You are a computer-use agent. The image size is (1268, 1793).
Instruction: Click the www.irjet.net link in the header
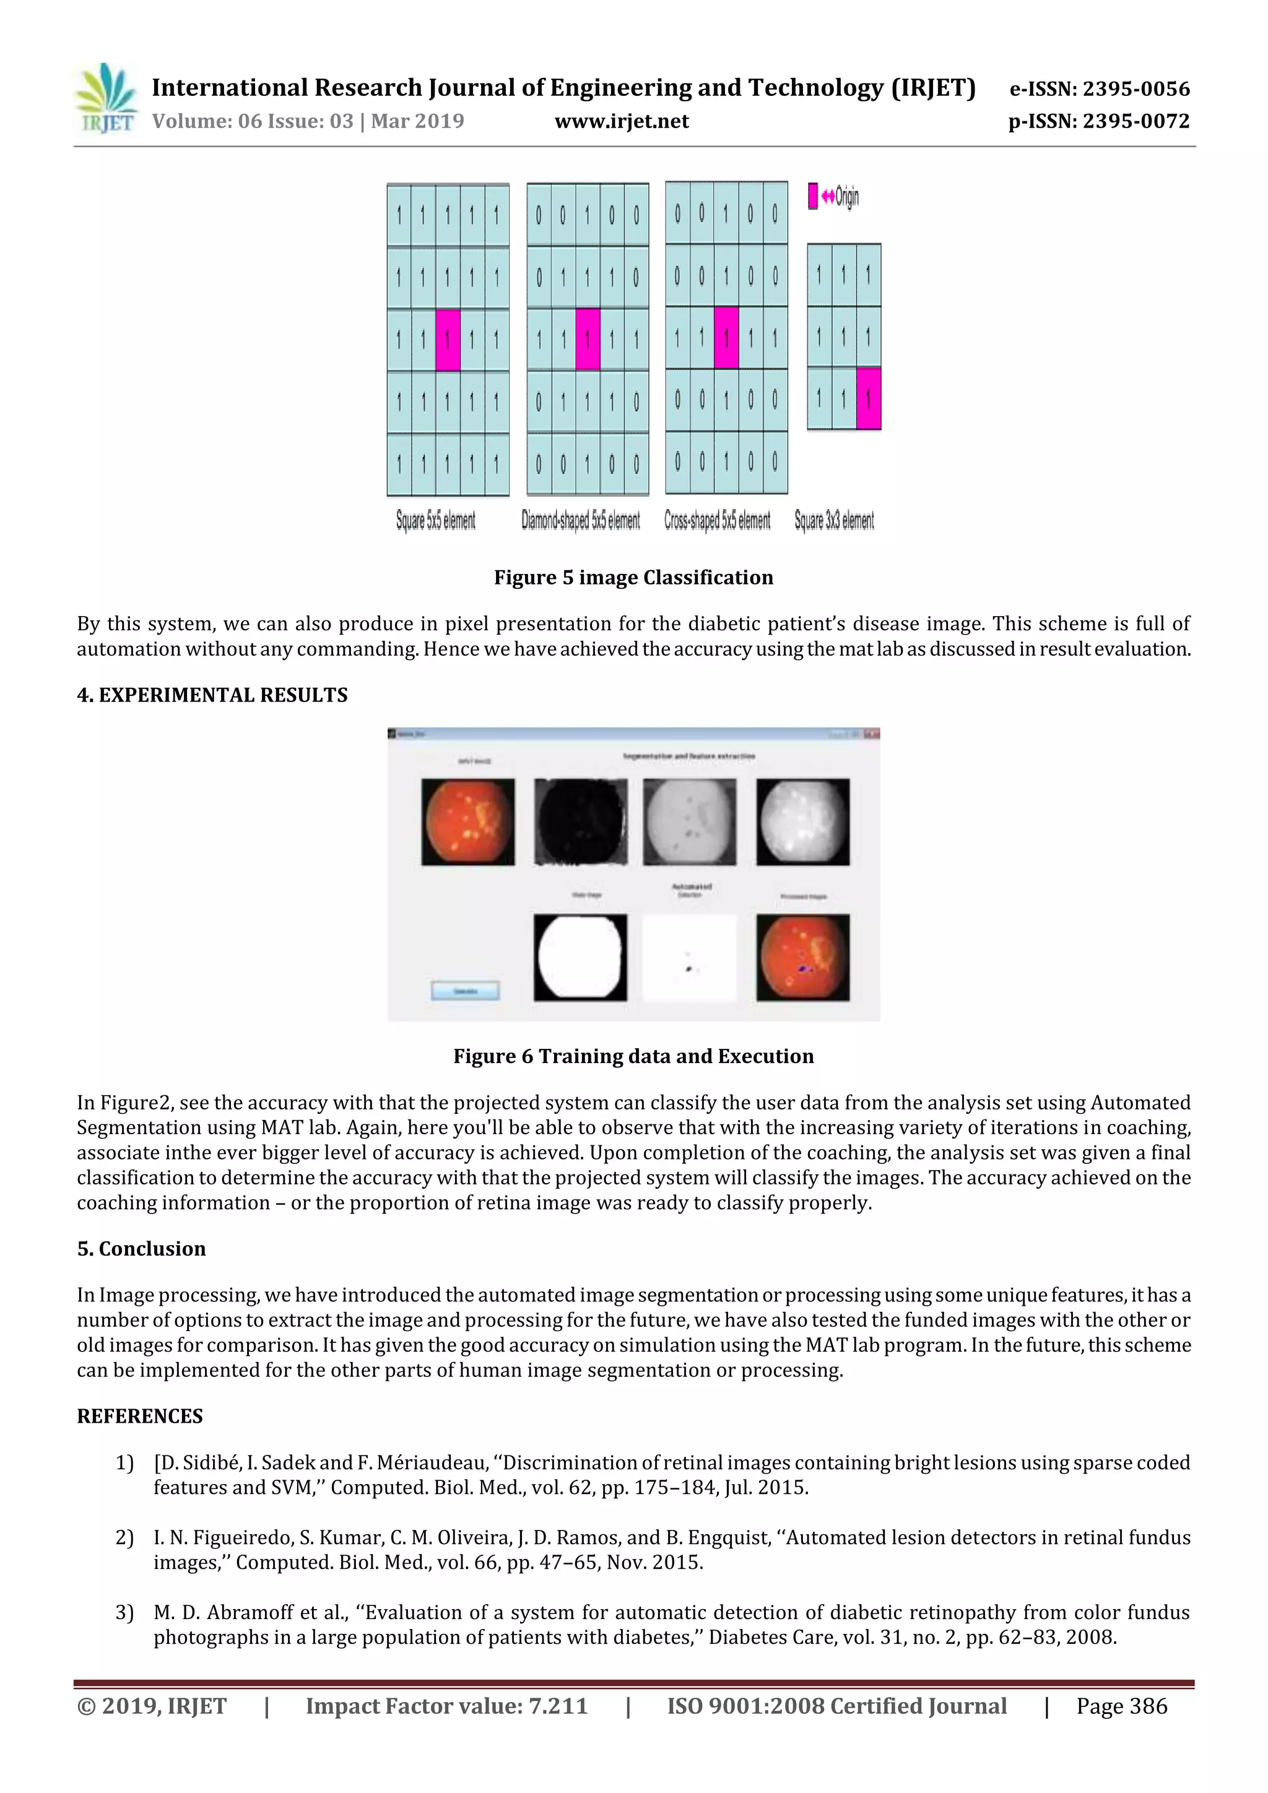coord(622,121)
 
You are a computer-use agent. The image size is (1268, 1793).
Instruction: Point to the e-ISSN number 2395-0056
coord(1136,89)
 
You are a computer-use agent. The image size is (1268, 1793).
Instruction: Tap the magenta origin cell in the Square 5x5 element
coord(448,340)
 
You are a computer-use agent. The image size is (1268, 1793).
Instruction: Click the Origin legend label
coord(846,197)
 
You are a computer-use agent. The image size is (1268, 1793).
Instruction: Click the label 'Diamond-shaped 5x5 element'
coord(580,520)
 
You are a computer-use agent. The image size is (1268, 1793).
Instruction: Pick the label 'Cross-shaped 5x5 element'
coord(717,520)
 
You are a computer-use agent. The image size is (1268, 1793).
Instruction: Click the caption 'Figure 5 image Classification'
coord(633,577)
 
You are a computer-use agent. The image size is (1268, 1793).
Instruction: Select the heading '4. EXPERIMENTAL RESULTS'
coord(212,695)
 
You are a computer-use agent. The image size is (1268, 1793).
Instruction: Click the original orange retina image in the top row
coord(467,822)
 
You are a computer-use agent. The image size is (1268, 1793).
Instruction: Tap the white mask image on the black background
coord(580,957)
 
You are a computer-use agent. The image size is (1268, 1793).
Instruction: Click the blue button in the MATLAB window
coord(466,990)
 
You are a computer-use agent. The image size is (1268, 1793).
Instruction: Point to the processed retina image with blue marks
coord(802,957)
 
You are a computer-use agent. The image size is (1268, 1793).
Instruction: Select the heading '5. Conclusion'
coord(141,1249)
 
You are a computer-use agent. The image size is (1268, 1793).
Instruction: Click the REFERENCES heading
coord(140,1416)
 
